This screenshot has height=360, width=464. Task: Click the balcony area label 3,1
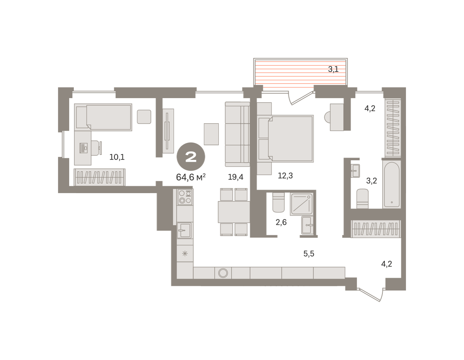tap(333, 69)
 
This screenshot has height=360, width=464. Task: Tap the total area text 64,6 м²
tap(191, 177)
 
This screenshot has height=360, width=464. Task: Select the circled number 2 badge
tap(191, 156)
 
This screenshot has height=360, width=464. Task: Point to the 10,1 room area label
tap(117, 157)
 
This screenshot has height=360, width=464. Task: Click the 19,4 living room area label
tap(235, 177)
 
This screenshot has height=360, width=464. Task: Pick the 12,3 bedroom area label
tap(285, 175)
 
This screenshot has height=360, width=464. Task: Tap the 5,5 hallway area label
tap(309, 253)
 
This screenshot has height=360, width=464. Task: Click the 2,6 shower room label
tap(281, 222)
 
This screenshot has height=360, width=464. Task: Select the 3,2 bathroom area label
tap(372, 181)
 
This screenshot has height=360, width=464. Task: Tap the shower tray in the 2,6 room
tap(301, 204)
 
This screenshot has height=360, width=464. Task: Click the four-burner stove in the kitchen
tap(185, 197)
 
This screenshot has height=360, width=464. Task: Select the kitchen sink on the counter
tap(184, 230)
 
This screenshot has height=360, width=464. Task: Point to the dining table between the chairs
tap(234, 212)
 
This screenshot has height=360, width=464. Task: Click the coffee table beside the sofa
tap(211, 134)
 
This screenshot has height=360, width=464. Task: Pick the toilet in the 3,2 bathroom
tap(362, 199)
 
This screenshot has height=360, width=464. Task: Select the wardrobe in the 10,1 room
tap(99, 177)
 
